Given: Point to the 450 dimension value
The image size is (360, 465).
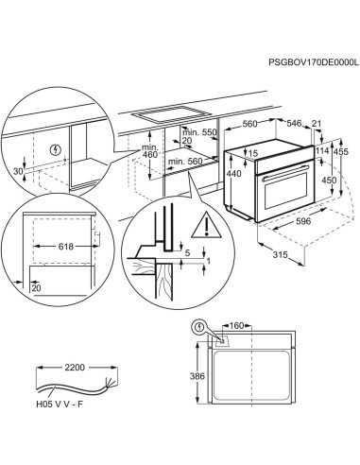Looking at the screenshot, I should [327, 180].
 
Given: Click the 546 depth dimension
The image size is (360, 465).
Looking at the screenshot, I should [295, 123].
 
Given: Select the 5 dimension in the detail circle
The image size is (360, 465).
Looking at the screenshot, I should [189, 253].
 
